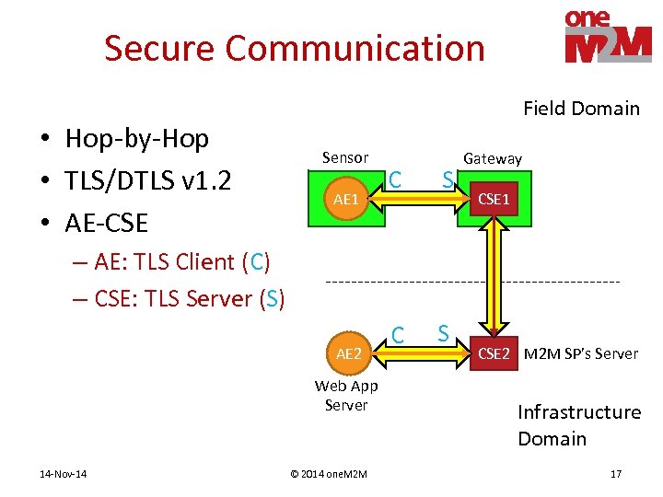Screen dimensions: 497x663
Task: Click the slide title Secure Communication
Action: coord(294,48)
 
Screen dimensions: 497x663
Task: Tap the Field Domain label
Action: coord(581,109)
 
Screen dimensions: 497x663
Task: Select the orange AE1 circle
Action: coord(346,199)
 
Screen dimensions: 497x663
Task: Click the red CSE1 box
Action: coord(493,199)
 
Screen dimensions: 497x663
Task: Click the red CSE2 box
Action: coord(493,353)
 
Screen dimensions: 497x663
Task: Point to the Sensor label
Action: coord(345,157)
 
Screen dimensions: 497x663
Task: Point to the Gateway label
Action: coord(493,158)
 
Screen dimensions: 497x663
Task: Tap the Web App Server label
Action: coord(346,395)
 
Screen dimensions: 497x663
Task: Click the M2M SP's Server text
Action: coord(580,353)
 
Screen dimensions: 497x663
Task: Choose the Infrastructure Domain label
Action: coord(578,425)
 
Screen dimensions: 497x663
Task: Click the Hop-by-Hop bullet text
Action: coord(136,139)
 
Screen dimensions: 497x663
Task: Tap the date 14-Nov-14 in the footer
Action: coord(64,474)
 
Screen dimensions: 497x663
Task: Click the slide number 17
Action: coord(616,474)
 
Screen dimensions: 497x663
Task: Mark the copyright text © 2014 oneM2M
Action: coord(329,474)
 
